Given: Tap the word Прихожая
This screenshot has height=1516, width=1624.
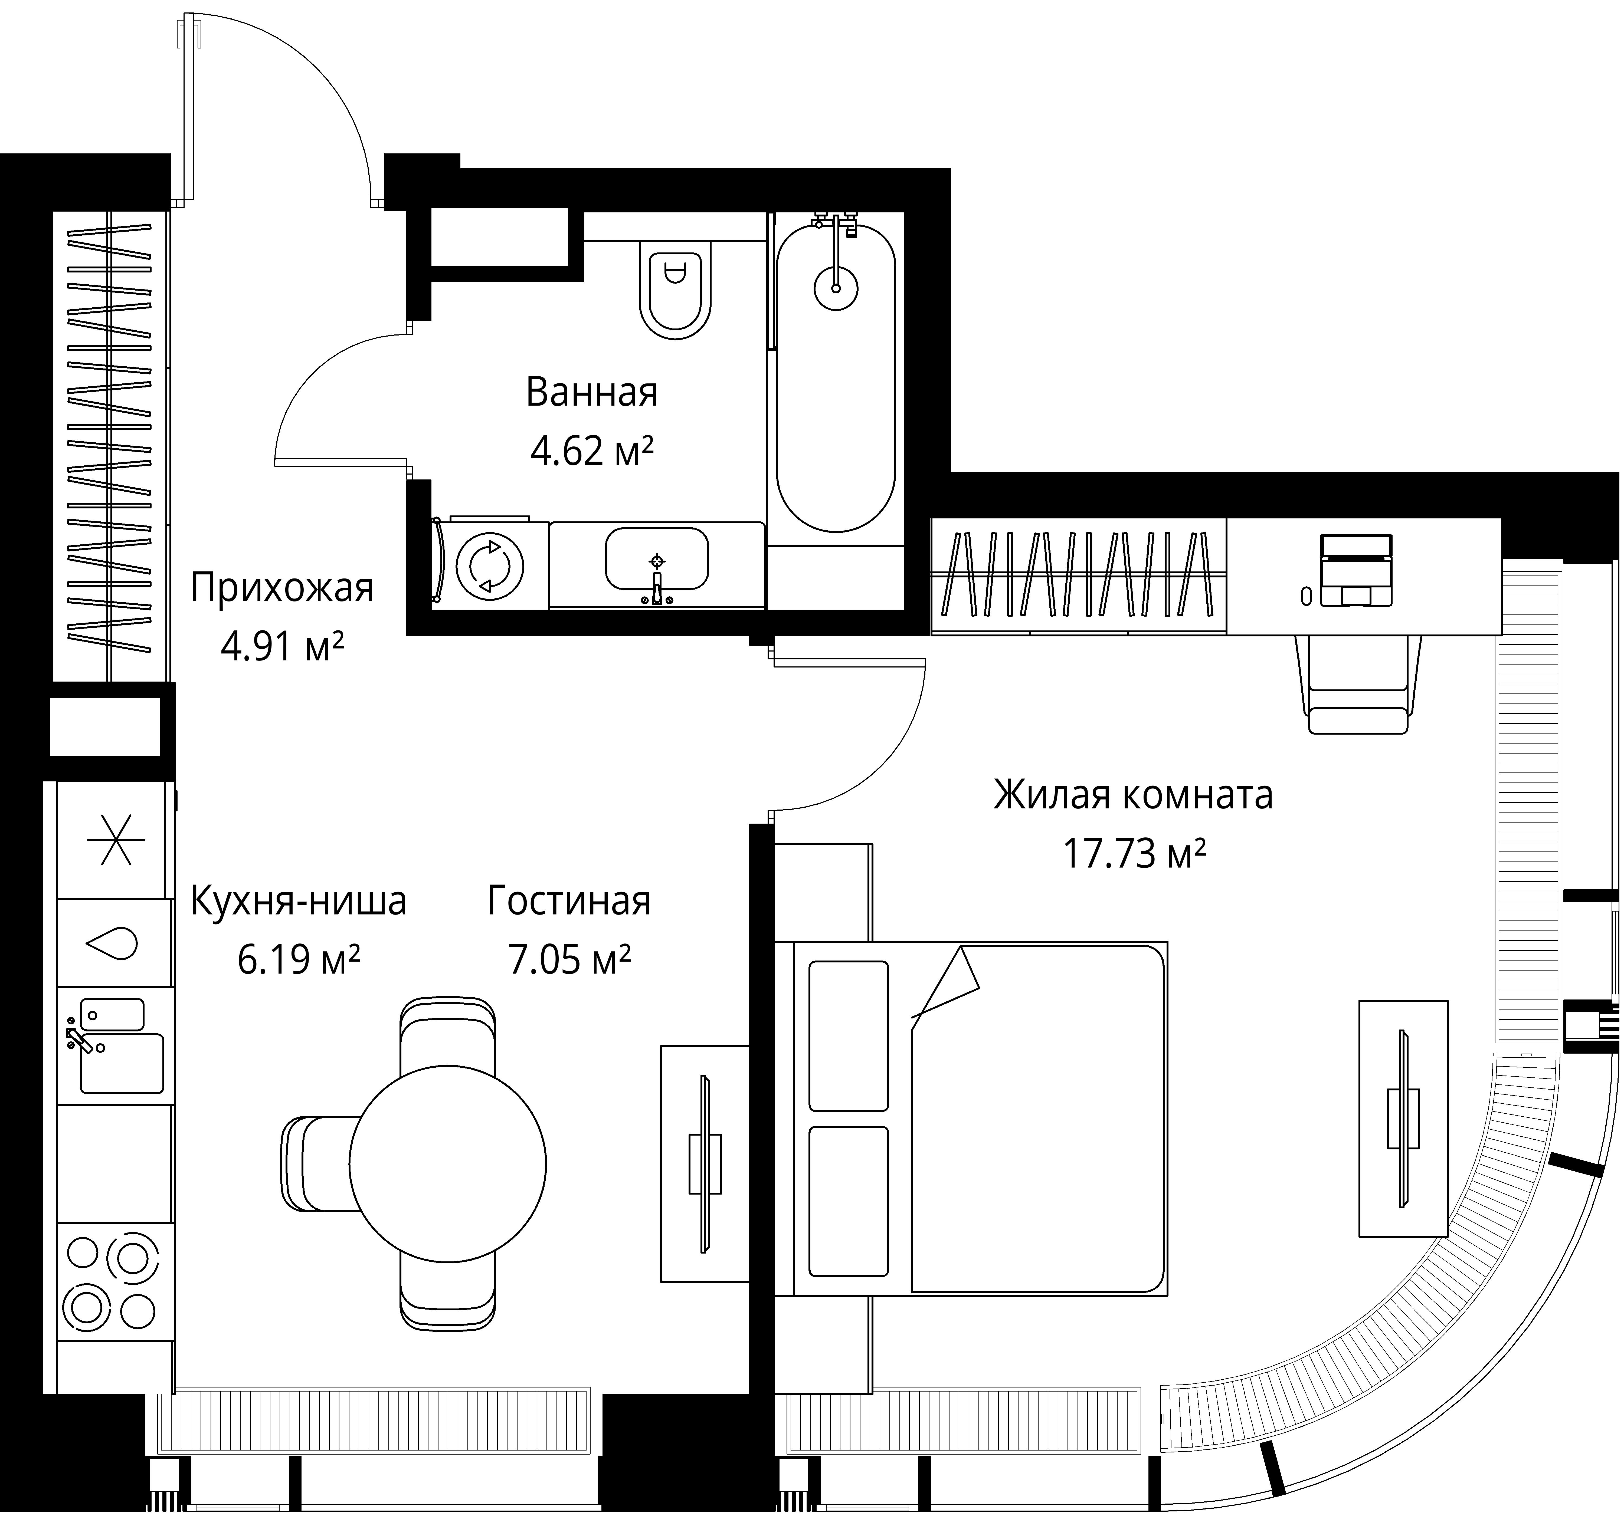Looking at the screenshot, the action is [x=282, y=588].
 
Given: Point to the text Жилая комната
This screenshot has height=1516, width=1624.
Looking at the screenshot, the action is [x=1133, y=795].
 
